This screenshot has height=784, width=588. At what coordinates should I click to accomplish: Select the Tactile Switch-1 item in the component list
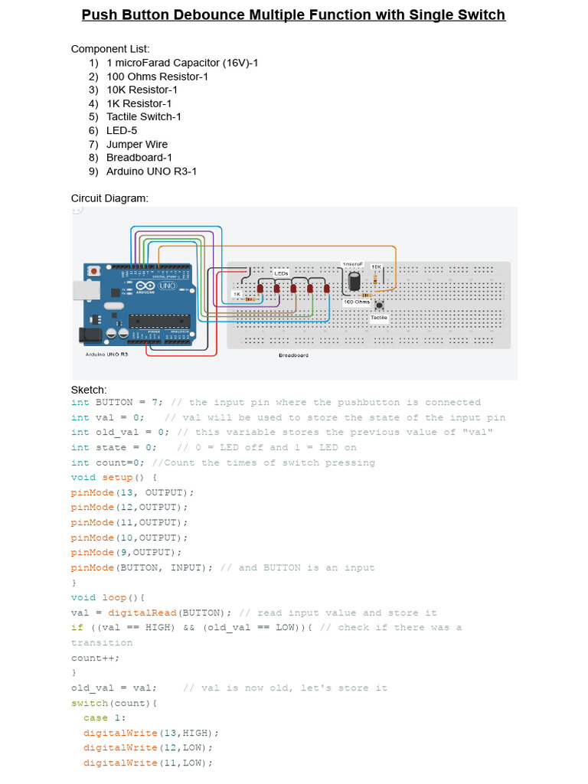pyautogui.click(x=143, y=117)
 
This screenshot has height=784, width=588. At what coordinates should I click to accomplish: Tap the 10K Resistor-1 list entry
pyautogui.click(x=142, y=90)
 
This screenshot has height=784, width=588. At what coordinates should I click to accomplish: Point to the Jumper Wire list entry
pyautogui.click(x=136, y=145)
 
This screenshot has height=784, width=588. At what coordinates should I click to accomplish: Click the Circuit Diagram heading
pyautogui.click(x=109, y=198)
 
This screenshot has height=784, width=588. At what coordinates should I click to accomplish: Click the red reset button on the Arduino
pyautogui.click(x=94, y=271)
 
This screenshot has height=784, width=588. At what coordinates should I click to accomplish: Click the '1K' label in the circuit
pyautogui.click(x=237, y=294)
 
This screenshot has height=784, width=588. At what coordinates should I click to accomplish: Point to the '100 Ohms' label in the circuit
pyautogui.click(x=356, y=302)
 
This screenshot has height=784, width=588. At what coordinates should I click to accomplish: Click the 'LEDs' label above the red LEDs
pyautogui.click(x=281, y=273)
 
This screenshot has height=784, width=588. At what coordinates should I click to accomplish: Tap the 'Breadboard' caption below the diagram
pyautogui.click(x=293, y=355)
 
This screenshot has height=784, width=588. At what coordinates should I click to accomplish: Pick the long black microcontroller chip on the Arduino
pyautogui.click(x=158, y=320)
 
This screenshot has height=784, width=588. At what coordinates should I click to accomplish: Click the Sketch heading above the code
pyautogui.click(x=89, y=390)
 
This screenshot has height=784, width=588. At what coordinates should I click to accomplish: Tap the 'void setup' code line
pyautogui.click(x=114, y=477)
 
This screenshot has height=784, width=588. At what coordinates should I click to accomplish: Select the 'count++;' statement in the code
pyautogui.click(x=96, y=658)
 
